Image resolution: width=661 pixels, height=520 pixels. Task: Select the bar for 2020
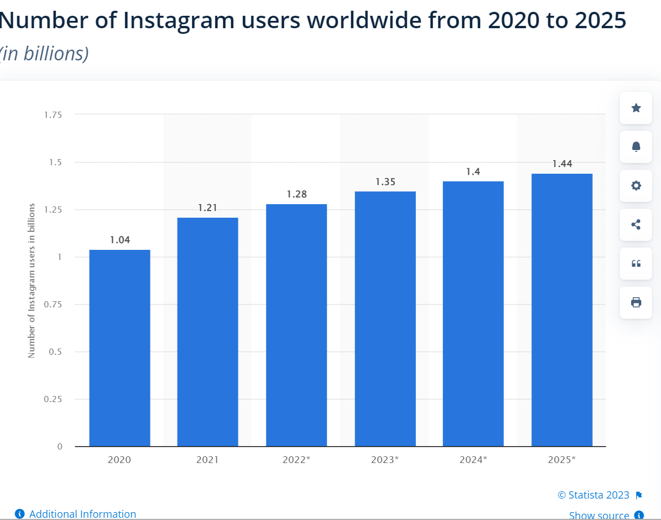pos(119,347)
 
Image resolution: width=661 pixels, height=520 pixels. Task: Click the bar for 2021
pos(207,332)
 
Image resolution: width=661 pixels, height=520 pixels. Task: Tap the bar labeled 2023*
pos(385,319)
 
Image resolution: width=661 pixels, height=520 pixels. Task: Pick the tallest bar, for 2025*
pos(562,310)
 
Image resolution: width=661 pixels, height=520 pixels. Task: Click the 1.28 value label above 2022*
pos(296,194)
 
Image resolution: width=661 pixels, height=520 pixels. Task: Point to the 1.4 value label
pos(473,171)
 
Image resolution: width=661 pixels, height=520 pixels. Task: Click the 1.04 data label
pos(119,240)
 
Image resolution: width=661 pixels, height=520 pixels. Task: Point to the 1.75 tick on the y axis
pos(53,114)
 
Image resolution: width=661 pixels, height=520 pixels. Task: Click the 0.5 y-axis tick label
pos(55,351)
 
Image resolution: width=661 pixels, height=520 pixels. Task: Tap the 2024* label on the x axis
pos(473,460)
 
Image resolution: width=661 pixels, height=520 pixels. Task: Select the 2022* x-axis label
pos(296,460)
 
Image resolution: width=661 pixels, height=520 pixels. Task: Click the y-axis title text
pos(32,280)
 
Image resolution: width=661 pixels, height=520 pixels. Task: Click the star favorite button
pos(636,108)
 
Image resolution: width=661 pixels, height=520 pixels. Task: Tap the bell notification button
pos(636,147)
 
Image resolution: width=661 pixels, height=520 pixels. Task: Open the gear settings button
pos(636,186)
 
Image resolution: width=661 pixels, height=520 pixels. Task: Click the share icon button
pos(636,224)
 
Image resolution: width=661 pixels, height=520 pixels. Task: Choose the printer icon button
pos(636,302)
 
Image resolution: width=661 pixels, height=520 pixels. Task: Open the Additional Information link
pos(82,514)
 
